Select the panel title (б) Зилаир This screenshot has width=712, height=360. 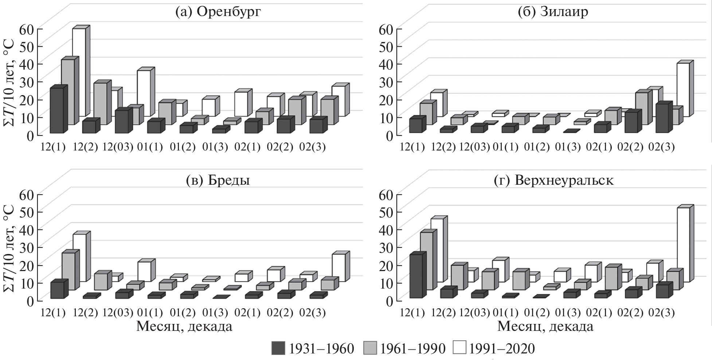pyautogui.click(x=553, y=12)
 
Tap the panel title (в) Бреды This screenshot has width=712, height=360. pyautogui.click(x=218, y=180)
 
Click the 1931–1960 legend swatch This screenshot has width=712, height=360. pyautogui.click(x=278, y=349)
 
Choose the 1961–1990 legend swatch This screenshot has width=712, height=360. pyautogui.click(x=370, y=349)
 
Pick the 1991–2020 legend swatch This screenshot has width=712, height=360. pyautogui.click(x=459, y=349)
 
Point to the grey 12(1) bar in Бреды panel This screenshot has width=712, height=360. pyautogui.click(x=68, y=271)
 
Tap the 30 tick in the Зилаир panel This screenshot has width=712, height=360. pyautogui.click(x=387, y=82)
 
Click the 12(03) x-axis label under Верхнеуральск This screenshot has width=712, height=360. pyautogui.click(x=474, y=313)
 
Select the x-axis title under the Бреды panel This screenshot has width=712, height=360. pyautogui.click(x=184, y=326)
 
